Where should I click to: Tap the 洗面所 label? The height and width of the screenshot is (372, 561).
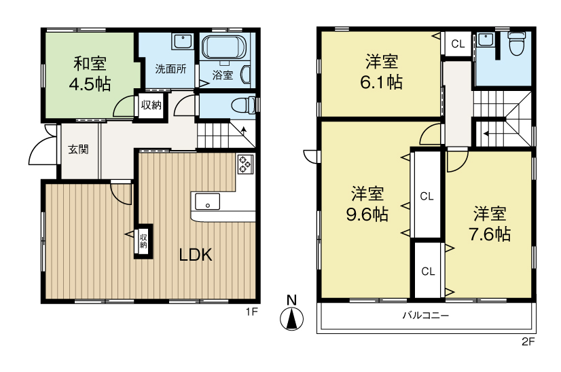tap(170, 69)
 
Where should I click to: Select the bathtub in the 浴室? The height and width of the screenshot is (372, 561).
tap(224, 50)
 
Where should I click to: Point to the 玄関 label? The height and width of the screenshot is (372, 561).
tap(78, 150)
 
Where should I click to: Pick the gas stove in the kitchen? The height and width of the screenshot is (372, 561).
tap(245, 164)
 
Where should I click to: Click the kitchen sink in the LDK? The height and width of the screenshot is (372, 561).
tap(207, 202)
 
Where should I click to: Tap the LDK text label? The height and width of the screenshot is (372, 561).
tap(196, 256)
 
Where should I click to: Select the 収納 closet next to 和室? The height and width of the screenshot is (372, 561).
tap(151, 105)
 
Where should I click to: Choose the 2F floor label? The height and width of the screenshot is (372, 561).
tap(528, 342)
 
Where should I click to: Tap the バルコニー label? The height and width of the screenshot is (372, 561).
tap(426, 316)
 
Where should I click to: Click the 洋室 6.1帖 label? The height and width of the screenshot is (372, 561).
tap(382, 72)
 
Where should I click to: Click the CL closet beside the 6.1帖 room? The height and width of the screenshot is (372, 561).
tap(458, 45)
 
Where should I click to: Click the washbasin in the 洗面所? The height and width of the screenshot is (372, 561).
tap(181, 41)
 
